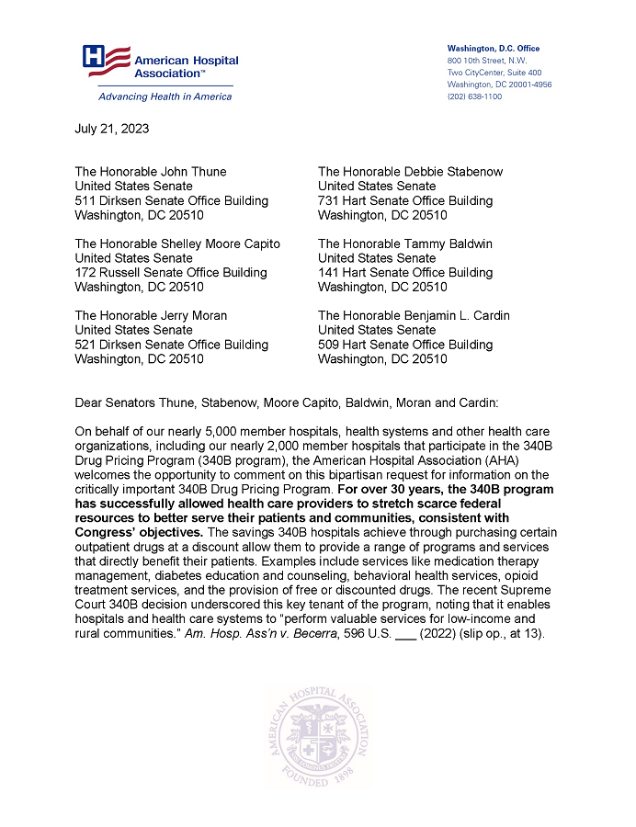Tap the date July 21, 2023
(x=111, y=129)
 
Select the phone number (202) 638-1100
(x=474, y=96)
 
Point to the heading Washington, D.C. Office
(x=494, y=49)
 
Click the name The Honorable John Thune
(x=150, y=172)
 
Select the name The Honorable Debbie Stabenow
(x=410, y=172)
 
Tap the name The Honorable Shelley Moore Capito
(x=177, y=244)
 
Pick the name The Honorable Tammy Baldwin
(x=404, y=244)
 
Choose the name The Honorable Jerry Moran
(x=151, y=315)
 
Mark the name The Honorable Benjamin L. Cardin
(x=414, y=315)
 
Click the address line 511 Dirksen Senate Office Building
(x=171, y=200)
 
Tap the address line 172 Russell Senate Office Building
(x=171, y=272)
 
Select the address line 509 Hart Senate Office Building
(x=404, y=345)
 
